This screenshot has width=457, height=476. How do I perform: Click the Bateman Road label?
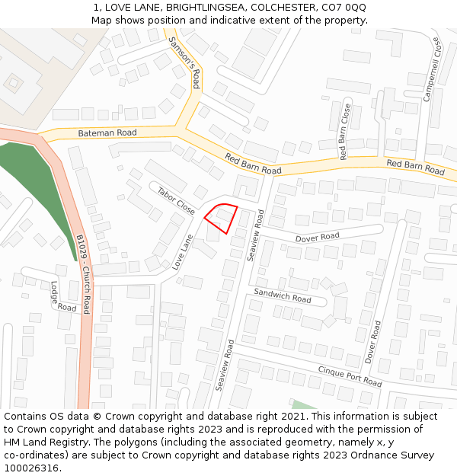click(x=107, y=133)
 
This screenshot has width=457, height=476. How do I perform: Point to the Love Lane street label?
click(x=184, y=252)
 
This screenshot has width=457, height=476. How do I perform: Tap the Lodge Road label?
click(x=60, y=298)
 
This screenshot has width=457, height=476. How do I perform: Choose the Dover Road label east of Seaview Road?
click(x=317, y=237)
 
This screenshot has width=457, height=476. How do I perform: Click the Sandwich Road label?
click(x=283, y=296)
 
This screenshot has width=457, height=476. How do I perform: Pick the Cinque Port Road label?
click(x=350, y=375)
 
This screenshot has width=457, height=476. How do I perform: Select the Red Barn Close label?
click(x=345, y=132)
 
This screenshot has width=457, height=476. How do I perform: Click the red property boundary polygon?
click(x=222, y=222)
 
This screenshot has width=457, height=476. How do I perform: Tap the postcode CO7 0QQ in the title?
click(x=344, y=7)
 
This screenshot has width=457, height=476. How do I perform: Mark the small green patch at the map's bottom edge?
click(x=302, y=404)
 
